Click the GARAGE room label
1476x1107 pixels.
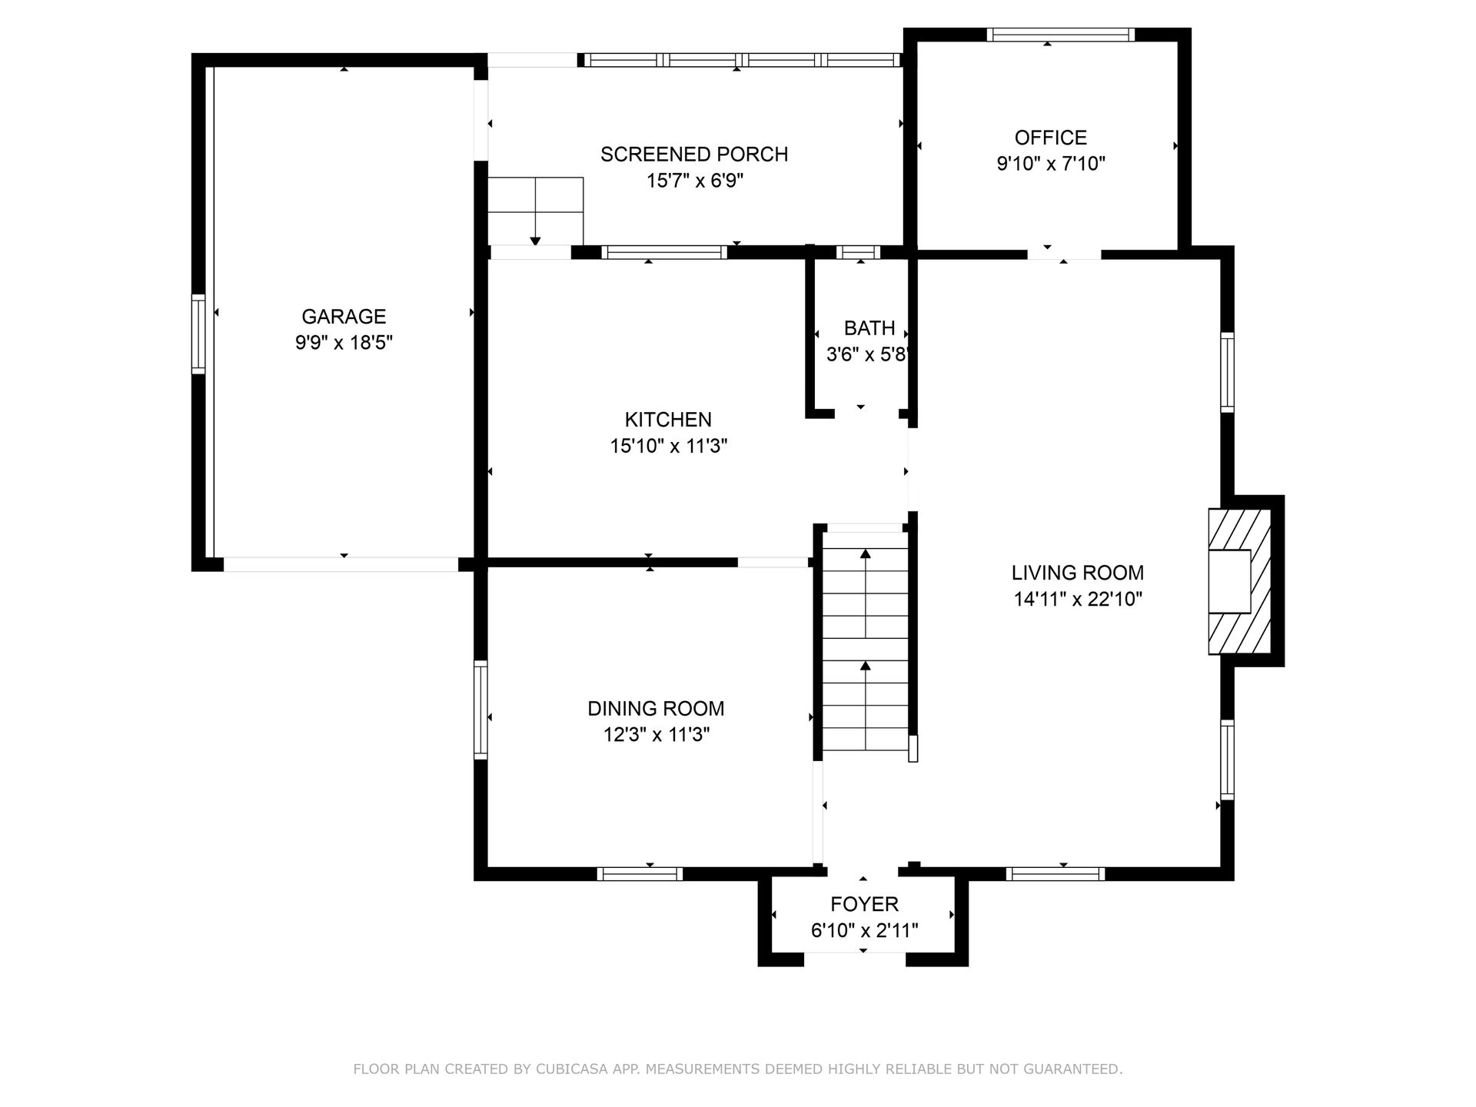(344, 316)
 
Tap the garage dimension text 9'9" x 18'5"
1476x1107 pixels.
(344, 342)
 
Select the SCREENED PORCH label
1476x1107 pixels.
(694, 155)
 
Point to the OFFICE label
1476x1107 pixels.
(1051, 138)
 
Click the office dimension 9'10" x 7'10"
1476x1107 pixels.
(1051, 164)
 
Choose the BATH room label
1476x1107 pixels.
(869, 328)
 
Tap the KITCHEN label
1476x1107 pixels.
(668, 420)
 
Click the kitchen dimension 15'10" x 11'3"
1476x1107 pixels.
(668, 446)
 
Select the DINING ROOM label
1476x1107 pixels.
(656, 709)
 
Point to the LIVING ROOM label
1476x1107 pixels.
(1078, 573)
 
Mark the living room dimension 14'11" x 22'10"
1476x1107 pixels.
(1078, 599)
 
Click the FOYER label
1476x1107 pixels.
(864, 905)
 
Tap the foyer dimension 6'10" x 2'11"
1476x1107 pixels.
(864, 931)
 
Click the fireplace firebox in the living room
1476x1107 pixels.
(1229, 582)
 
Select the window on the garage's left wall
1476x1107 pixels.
(198, 334)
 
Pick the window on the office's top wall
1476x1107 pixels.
(1061, 35)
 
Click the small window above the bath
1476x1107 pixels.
(858, 252)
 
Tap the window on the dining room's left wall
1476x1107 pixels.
(480, 710)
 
